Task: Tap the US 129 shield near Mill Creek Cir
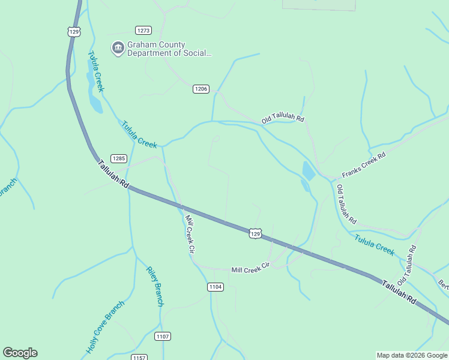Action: [x=255, y=233]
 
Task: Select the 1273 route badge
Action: [x=143, y=30]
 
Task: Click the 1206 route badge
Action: [x=201, y=89]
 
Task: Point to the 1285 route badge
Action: [x=118, y=158]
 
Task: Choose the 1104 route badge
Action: [x=216, y=287]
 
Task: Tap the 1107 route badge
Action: [x=162, y=336]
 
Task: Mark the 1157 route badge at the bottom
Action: [x=139, y=358]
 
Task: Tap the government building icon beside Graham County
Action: [x=118, y=48]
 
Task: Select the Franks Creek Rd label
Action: [x=363, y=164]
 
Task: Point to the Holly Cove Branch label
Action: [x=104, y=327]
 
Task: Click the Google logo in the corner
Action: [x=20, y=353]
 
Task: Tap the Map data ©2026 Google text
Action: [x=412, y=355]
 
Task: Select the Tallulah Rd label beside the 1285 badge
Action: [x=113, y=175]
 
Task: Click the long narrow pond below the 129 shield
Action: [x=94, y=90]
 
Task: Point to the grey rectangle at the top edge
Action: [x=318, y=5]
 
